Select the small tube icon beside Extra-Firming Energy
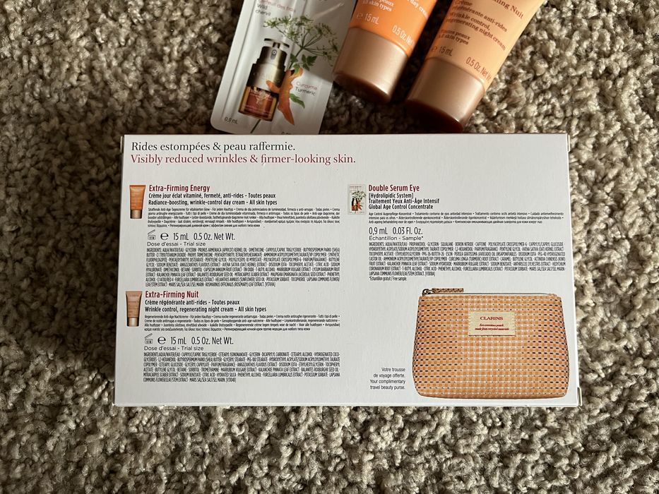tap(137, 200)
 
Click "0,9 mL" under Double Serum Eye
tap(379, 230)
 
